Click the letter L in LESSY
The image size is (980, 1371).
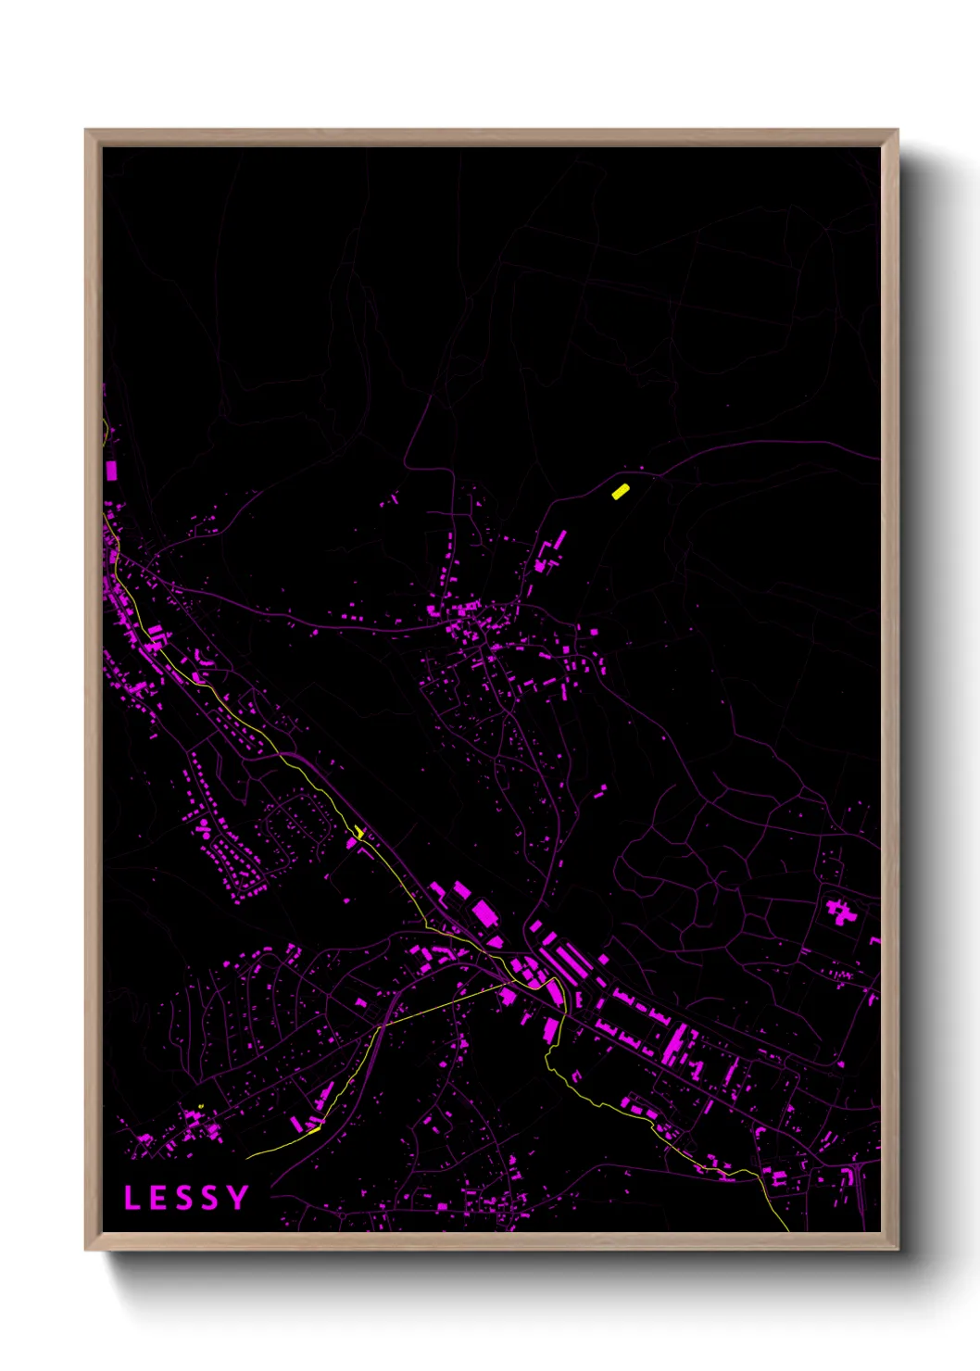[x=132, y=1198]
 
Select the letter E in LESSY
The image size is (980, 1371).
[x=157, y=1198]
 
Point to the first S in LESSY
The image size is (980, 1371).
[x=183, y=1198]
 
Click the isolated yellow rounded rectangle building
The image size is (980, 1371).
[x=621, y=491]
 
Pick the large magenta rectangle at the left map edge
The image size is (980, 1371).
[x=111, y=470]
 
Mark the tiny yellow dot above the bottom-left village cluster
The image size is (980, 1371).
[x=201, y=1106]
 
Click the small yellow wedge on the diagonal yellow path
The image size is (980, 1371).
[x=359, y=832]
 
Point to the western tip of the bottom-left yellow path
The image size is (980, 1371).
[x=248, y=1157]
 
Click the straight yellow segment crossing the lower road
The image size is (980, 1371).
[x=445, y=1003]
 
